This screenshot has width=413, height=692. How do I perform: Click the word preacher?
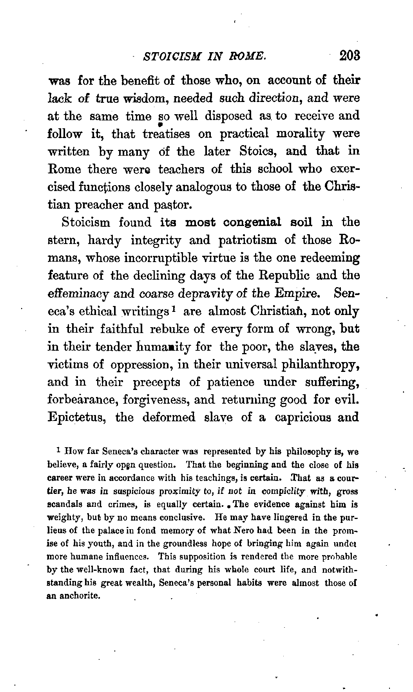click(105, 205)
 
